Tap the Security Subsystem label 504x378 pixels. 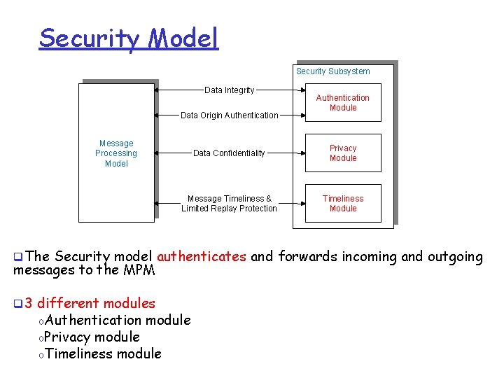332,71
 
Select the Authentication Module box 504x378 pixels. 343,102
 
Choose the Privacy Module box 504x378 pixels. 343,153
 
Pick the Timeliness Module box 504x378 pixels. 343,203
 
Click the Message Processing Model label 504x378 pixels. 116,153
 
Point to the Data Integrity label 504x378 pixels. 229,90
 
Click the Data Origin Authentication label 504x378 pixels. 229,115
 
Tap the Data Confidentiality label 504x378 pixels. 229,153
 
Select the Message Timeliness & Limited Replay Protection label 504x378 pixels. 229,204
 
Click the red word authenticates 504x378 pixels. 202,257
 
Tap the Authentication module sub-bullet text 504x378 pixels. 118,320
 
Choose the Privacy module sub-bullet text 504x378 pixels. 92,337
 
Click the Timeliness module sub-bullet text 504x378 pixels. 103,353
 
